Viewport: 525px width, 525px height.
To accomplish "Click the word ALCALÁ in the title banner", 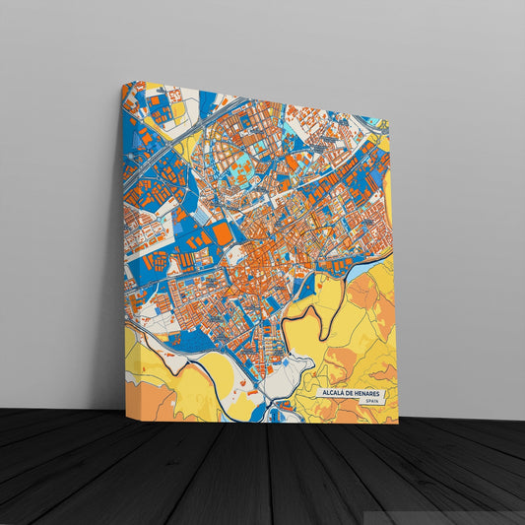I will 335,393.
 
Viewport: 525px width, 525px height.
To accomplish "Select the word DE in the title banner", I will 352,393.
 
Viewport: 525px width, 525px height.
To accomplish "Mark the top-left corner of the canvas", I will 123,83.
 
